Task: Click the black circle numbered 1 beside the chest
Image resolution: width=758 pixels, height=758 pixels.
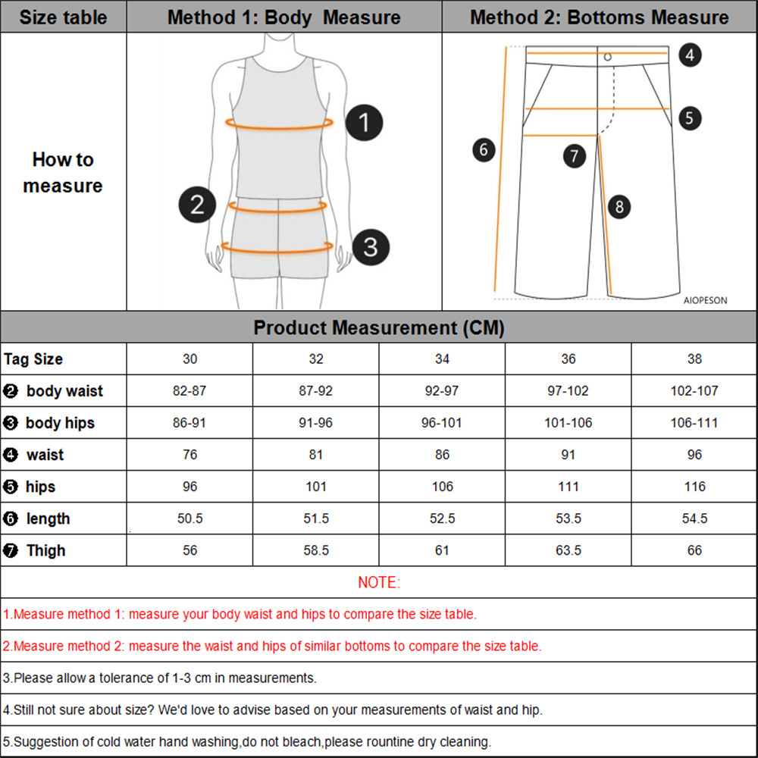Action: pyautogui.click(x=365, y=122)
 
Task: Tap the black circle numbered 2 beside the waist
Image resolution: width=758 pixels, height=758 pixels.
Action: pyautogui.click(x=197, y=204)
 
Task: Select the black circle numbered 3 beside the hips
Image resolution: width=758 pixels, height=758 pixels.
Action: pyautogui.click(x=371, y=246)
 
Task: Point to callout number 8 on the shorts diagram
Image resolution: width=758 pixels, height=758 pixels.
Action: pyautogui.click(x=619, y=206)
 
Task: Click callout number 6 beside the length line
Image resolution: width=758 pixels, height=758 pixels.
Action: pyautogui.click(x=484, y=149)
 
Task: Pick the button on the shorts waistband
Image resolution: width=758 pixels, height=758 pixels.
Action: pyautogui.click(x=607, y=56)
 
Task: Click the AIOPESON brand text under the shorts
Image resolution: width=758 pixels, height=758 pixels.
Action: pyautogui.click(x=705, y=300)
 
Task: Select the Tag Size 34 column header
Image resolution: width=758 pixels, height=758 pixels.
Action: pyautogui.click(x=442, y=359)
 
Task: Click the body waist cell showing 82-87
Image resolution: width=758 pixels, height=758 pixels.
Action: pyautogui.click(x=189, y=391)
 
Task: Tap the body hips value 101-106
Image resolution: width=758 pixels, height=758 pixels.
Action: pyautogui.click(x=568, y=423)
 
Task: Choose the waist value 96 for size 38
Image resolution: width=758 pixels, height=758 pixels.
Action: pyautogui.click(x=694, y=455)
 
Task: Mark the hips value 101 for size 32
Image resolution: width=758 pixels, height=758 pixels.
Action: pyautogui.click(x=316, y=487)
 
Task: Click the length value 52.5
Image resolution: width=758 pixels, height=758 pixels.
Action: pyautogui.click(x=442, y=518)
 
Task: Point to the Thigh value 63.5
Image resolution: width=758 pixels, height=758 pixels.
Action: pyautogui.click(x=568, y=550)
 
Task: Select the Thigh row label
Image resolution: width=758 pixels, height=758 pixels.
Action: pyautogui.click(x=45, y=550)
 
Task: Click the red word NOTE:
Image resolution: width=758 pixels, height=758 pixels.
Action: pyautogui.click(x=379, y=582)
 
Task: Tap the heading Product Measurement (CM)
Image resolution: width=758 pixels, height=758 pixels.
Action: pyautogui.click(x=379, y=327)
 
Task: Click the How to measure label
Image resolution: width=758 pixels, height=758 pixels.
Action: pyautogui.click(x=63, y=173)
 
